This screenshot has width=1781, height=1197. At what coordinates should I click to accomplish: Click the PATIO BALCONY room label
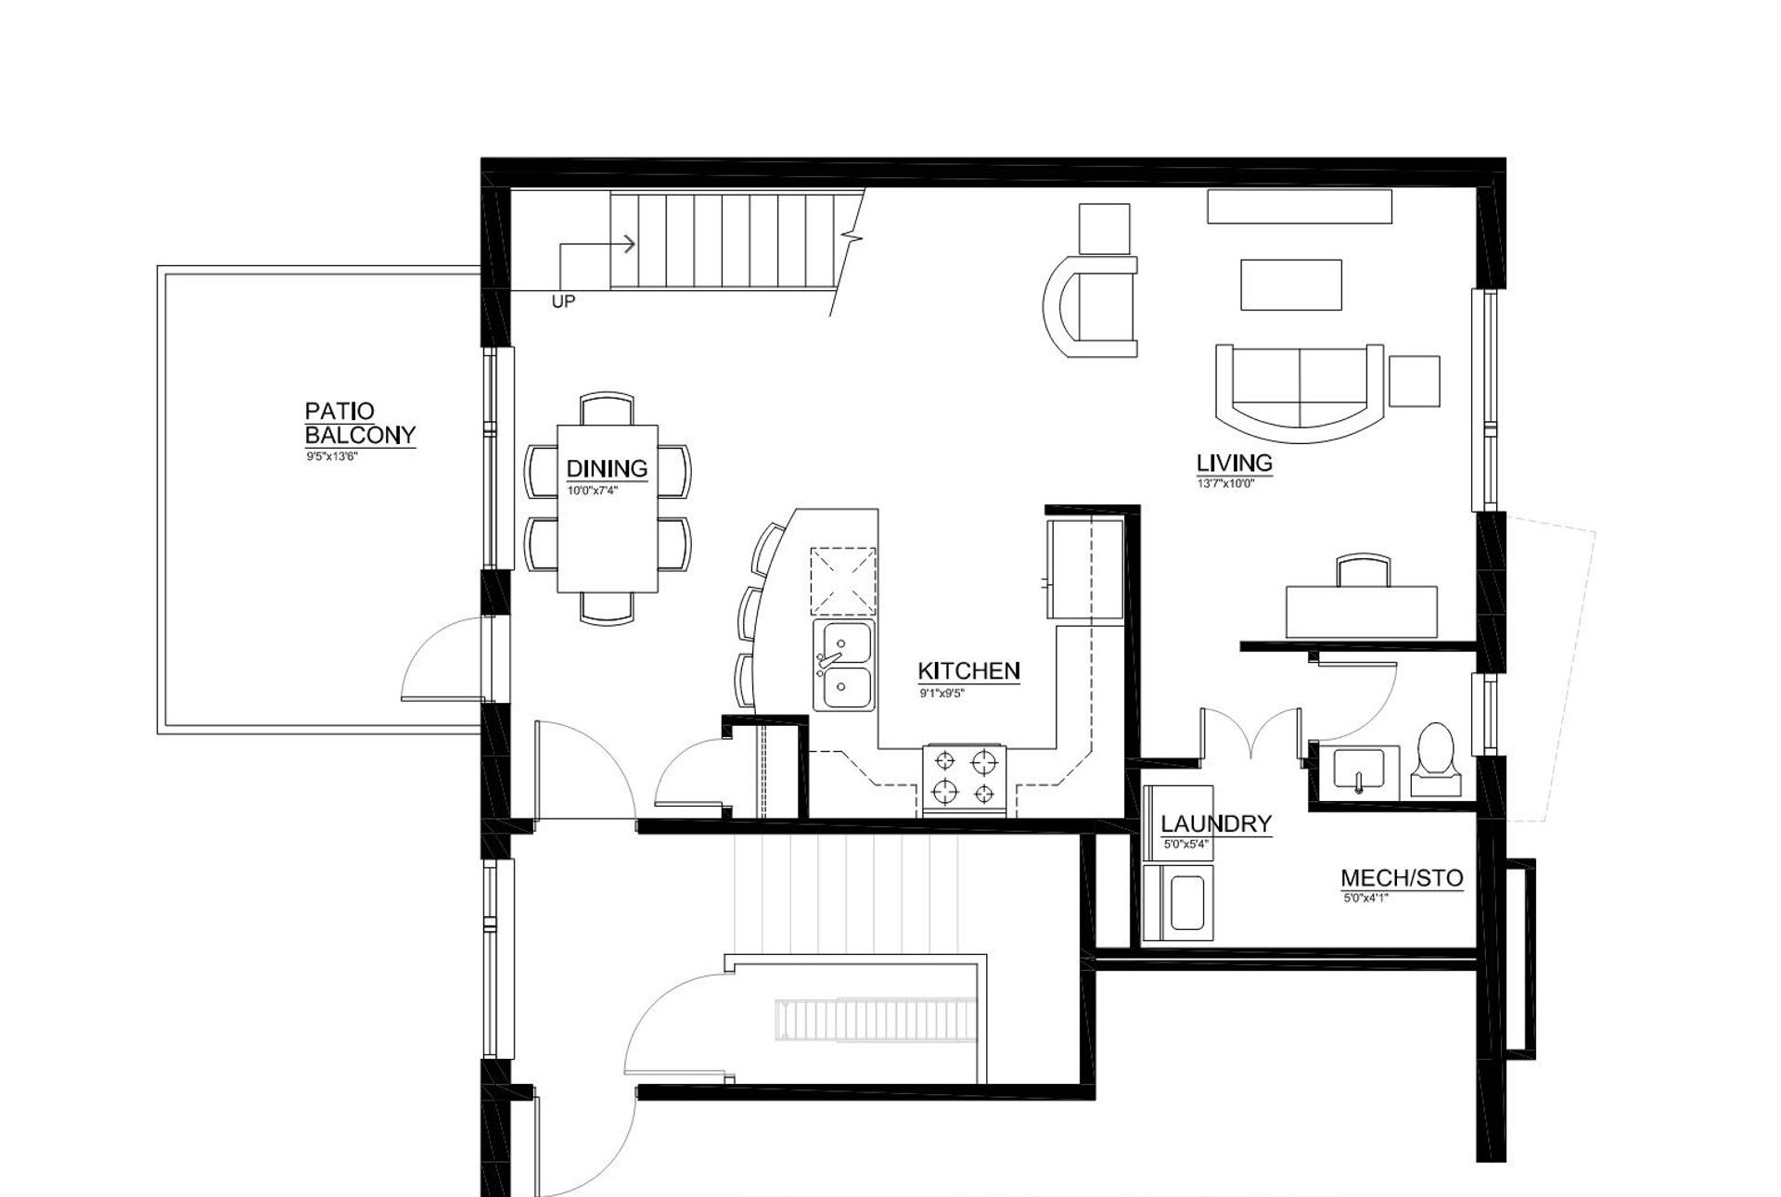(x=360, y=423)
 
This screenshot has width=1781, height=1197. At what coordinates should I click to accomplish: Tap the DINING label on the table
(x=607, y=468)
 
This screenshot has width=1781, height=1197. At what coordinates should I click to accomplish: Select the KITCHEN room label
(x=968, y=670)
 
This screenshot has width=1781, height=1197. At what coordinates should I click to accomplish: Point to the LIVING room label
(x=1234, y=463)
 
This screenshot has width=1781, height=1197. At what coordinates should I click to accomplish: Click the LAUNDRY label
(x=1215, y=823)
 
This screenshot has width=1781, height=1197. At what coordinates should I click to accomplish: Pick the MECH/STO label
(x=1402, y=878)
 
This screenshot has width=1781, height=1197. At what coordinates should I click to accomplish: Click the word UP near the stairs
(x=563, y=302)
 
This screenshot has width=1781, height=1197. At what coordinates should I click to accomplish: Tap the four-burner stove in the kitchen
(x=964, y=778)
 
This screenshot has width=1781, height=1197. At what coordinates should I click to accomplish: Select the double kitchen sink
(x=843, y=665)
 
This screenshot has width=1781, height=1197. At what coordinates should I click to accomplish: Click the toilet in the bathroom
(x=1435, y=758)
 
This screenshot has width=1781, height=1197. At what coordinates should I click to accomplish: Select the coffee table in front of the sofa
(x=1290, y=285)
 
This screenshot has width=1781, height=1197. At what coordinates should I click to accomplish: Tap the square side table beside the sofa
(x=1415, y=381)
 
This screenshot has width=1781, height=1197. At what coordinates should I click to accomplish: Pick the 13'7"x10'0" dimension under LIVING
(x=1224, y=483)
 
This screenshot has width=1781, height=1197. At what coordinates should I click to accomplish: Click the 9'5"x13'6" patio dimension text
(x=331, y=457)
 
